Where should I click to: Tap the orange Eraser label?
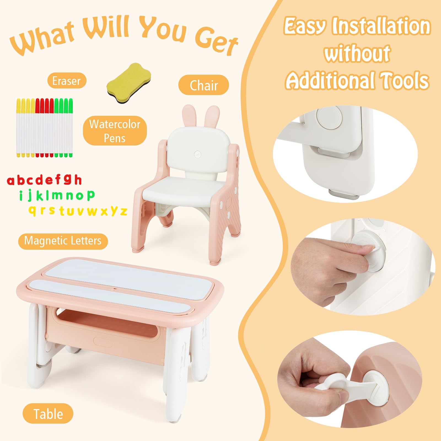(x=67, y=81)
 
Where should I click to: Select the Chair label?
(x=204, y=85)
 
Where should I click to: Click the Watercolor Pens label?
(x=115, y=131)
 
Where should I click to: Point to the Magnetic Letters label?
(x=63, y=241)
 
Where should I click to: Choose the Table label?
(x=48, y=414)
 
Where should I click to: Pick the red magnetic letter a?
(x=11, y=181)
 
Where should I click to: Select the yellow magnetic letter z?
(x=124, y=211)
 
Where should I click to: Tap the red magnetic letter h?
(x=78, y=179)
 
